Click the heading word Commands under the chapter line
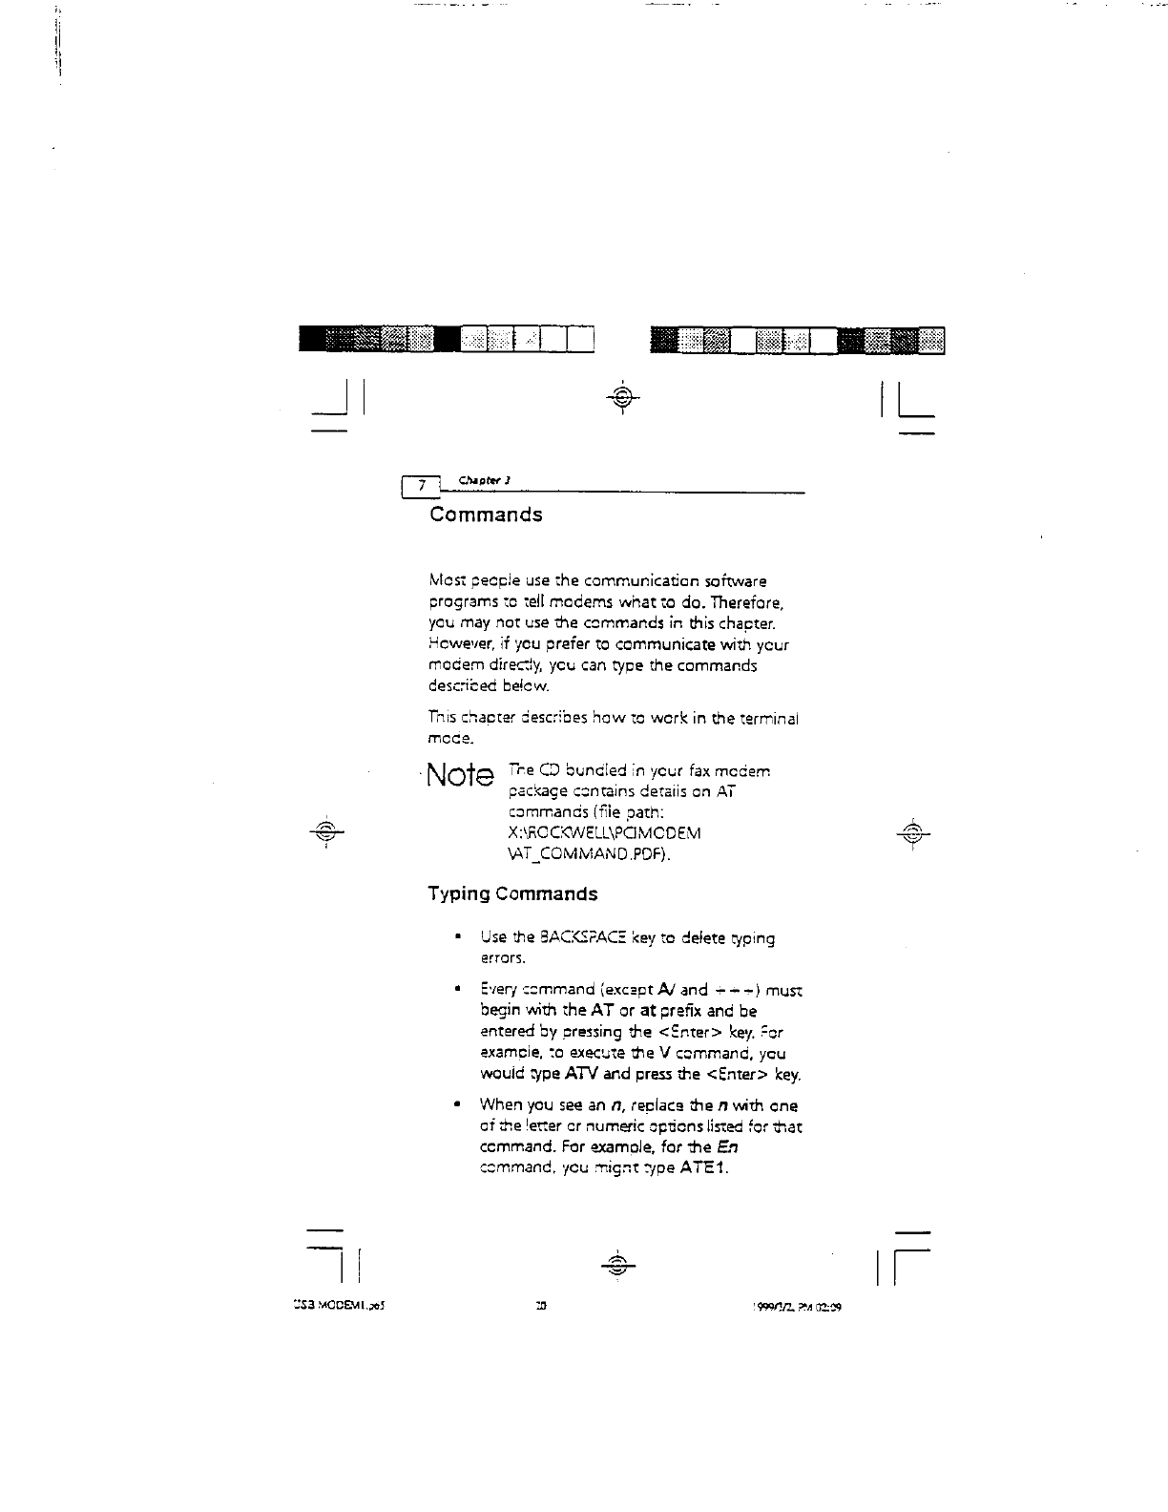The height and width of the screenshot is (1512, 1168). point(486,514)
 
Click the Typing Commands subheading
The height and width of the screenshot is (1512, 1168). point(512,894)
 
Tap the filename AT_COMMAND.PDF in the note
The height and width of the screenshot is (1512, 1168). point(590,854)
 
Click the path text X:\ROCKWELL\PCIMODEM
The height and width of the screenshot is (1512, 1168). point(605,833)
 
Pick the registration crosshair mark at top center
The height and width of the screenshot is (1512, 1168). point(621,396)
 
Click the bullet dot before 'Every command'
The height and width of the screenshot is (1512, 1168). point(460,990)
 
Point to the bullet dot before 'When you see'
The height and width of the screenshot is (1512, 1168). point(460,1105)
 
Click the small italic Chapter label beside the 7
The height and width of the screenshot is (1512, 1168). point(474,479)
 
